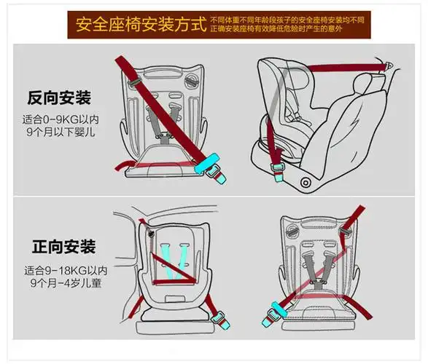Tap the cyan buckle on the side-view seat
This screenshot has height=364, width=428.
278,169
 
